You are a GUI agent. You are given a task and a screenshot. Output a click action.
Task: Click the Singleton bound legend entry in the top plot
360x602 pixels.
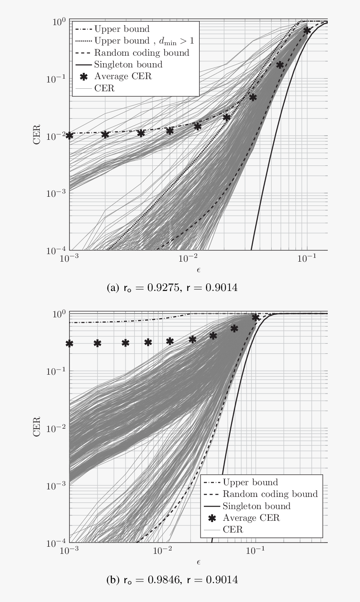(128, 64)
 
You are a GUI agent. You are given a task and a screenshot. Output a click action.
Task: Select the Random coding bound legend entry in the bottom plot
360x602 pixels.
(270, 494)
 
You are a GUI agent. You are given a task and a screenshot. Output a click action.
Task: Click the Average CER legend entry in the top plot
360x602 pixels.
(123, 76)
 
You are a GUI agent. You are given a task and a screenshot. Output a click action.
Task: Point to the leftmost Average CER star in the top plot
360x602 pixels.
(69, 136)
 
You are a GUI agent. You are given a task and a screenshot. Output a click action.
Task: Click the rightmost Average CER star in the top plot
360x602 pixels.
(307, 31)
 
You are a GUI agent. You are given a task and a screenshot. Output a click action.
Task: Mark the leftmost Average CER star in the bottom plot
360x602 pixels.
(69, 343)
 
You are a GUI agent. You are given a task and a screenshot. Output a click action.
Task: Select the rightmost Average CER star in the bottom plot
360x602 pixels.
(255, 318)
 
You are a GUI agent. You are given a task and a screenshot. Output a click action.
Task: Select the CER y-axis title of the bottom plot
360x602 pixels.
(37, 427)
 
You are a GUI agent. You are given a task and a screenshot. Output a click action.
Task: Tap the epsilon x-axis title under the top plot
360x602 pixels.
(198, 270)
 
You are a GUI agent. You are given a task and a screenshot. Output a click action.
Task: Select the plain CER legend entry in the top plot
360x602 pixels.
(104, 88)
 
